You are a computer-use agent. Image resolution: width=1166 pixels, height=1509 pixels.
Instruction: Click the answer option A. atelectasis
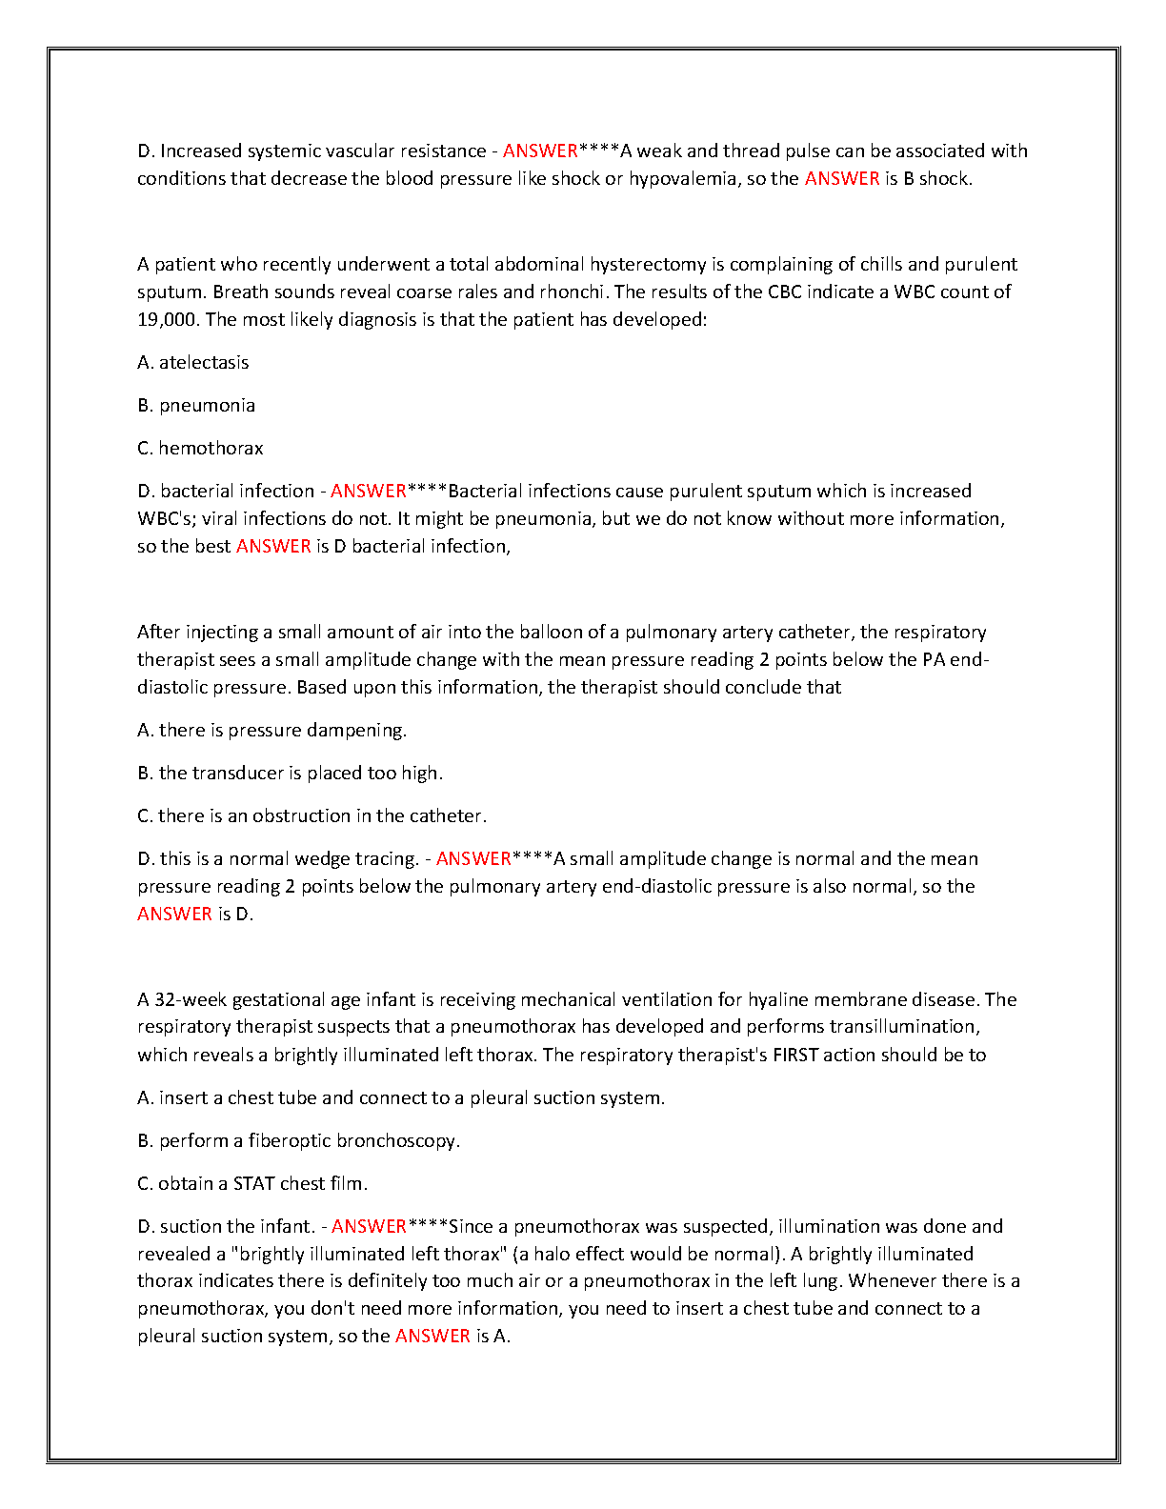click(x=193, y=362)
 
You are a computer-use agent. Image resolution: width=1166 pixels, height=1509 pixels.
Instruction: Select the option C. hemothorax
click(x=200, y=448)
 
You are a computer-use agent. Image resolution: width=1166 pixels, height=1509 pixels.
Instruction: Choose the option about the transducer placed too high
click(x=291, y=773)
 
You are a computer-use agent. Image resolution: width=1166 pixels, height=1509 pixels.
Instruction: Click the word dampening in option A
click(x=358, y=730)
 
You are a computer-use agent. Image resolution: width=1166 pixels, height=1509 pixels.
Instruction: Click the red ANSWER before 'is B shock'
click(x=842, y=178)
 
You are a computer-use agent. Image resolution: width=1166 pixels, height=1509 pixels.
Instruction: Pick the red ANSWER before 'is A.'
click(x=432, y=1336)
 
